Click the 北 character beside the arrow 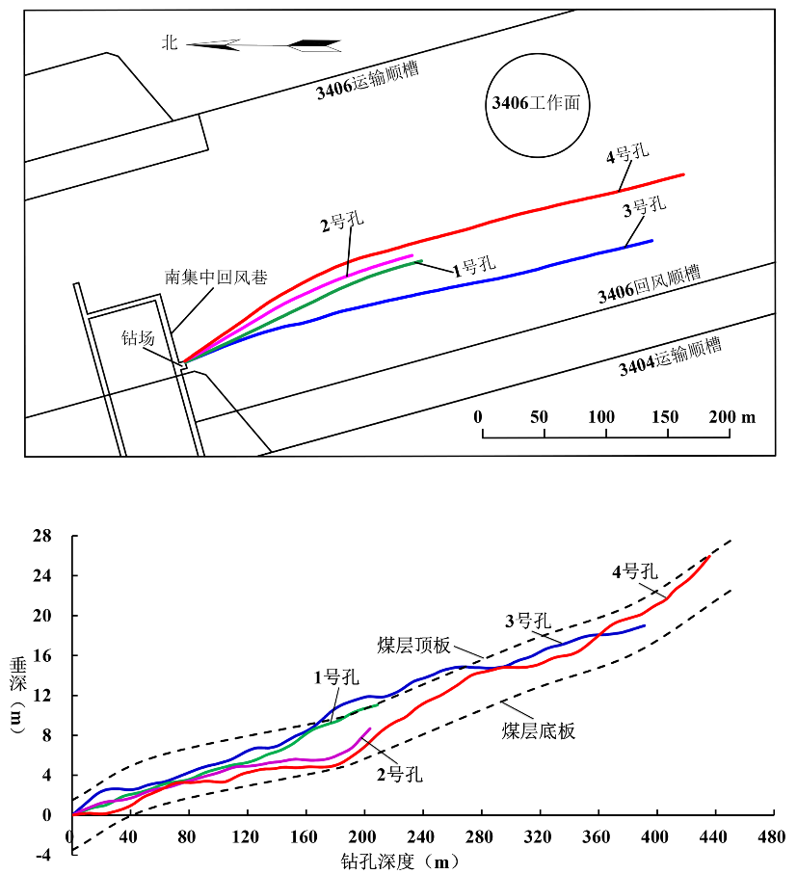point(170,42)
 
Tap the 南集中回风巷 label point(216,277)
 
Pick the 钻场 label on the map point(138,338)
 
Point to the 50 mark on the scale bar point(539,417)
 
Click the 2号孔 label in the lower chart point(399,773)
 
